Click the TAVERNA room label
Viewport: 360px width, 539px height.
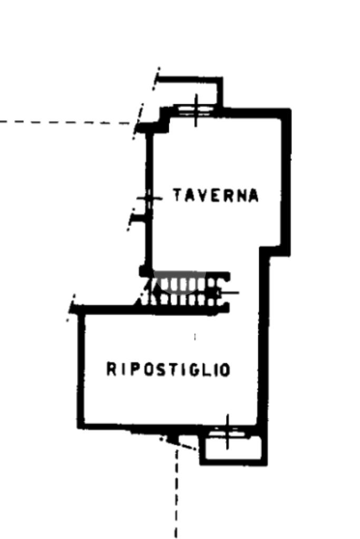pyautogui.click(x=216, y=195)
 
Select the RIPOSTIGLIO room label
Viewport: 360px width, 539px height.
pyautogui.click(x=168, y=369)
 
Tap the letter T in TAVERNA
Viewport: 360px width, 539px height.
pyautogui.click(x=178, y=195)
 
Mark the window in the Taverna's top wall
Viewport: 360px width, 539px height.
pyautogui.click(x=196, y=110)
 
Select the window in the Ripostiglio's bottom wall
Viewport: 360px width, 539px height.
pyautogui.click(x=227, y=432)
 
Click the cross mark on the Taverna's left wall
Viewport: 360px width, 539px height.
pyautogui.click(x=149, y=198)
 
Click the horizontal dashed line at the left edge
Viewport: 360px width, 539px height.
pyautogui.click(x=65, y=122)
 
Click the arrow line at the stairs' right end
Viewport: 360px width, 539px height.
pyautogui.click(x=228, y=293)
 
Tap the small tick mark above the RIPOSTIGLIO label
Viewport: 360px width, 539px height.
pyautogui.click(x=195, y=337)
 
